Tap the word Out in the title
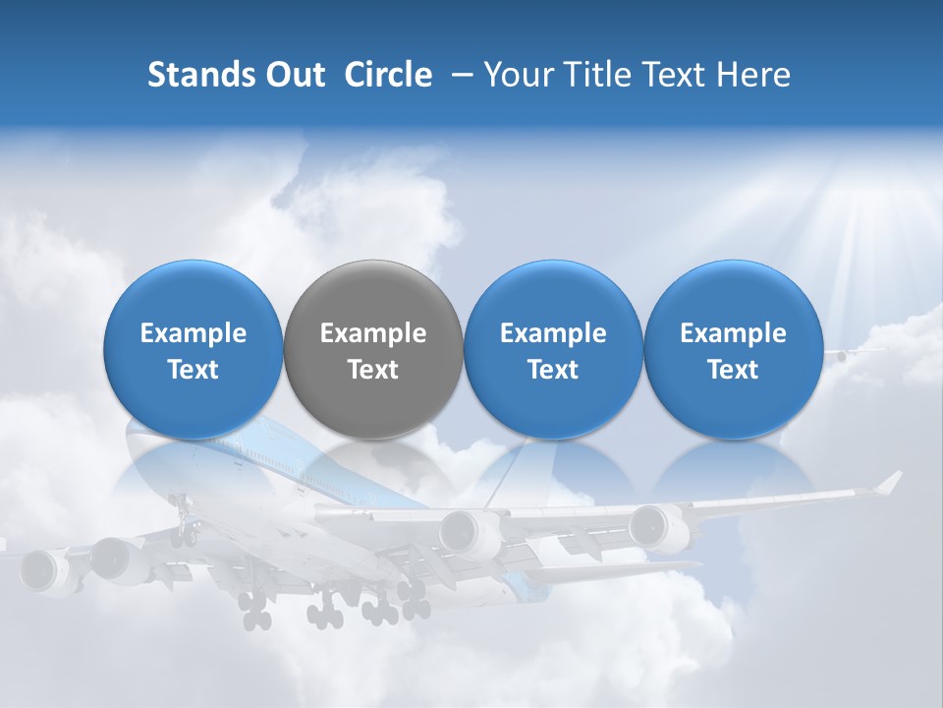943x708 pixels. tap(293, 75)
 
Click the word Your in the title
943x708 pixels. tap(517, 75)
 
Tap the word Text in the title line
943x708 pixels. tap(676, 75)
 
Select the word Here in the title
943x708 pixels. tap(753, 75)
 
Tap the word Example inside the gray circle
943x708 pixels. tap(373, 333)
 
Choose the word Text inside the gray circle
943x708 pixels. tap(373, 370)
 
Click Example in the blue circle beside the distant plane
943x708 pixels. tap(733, 333)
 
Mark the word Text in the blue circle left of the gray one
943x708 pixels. tap(194, 370)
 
